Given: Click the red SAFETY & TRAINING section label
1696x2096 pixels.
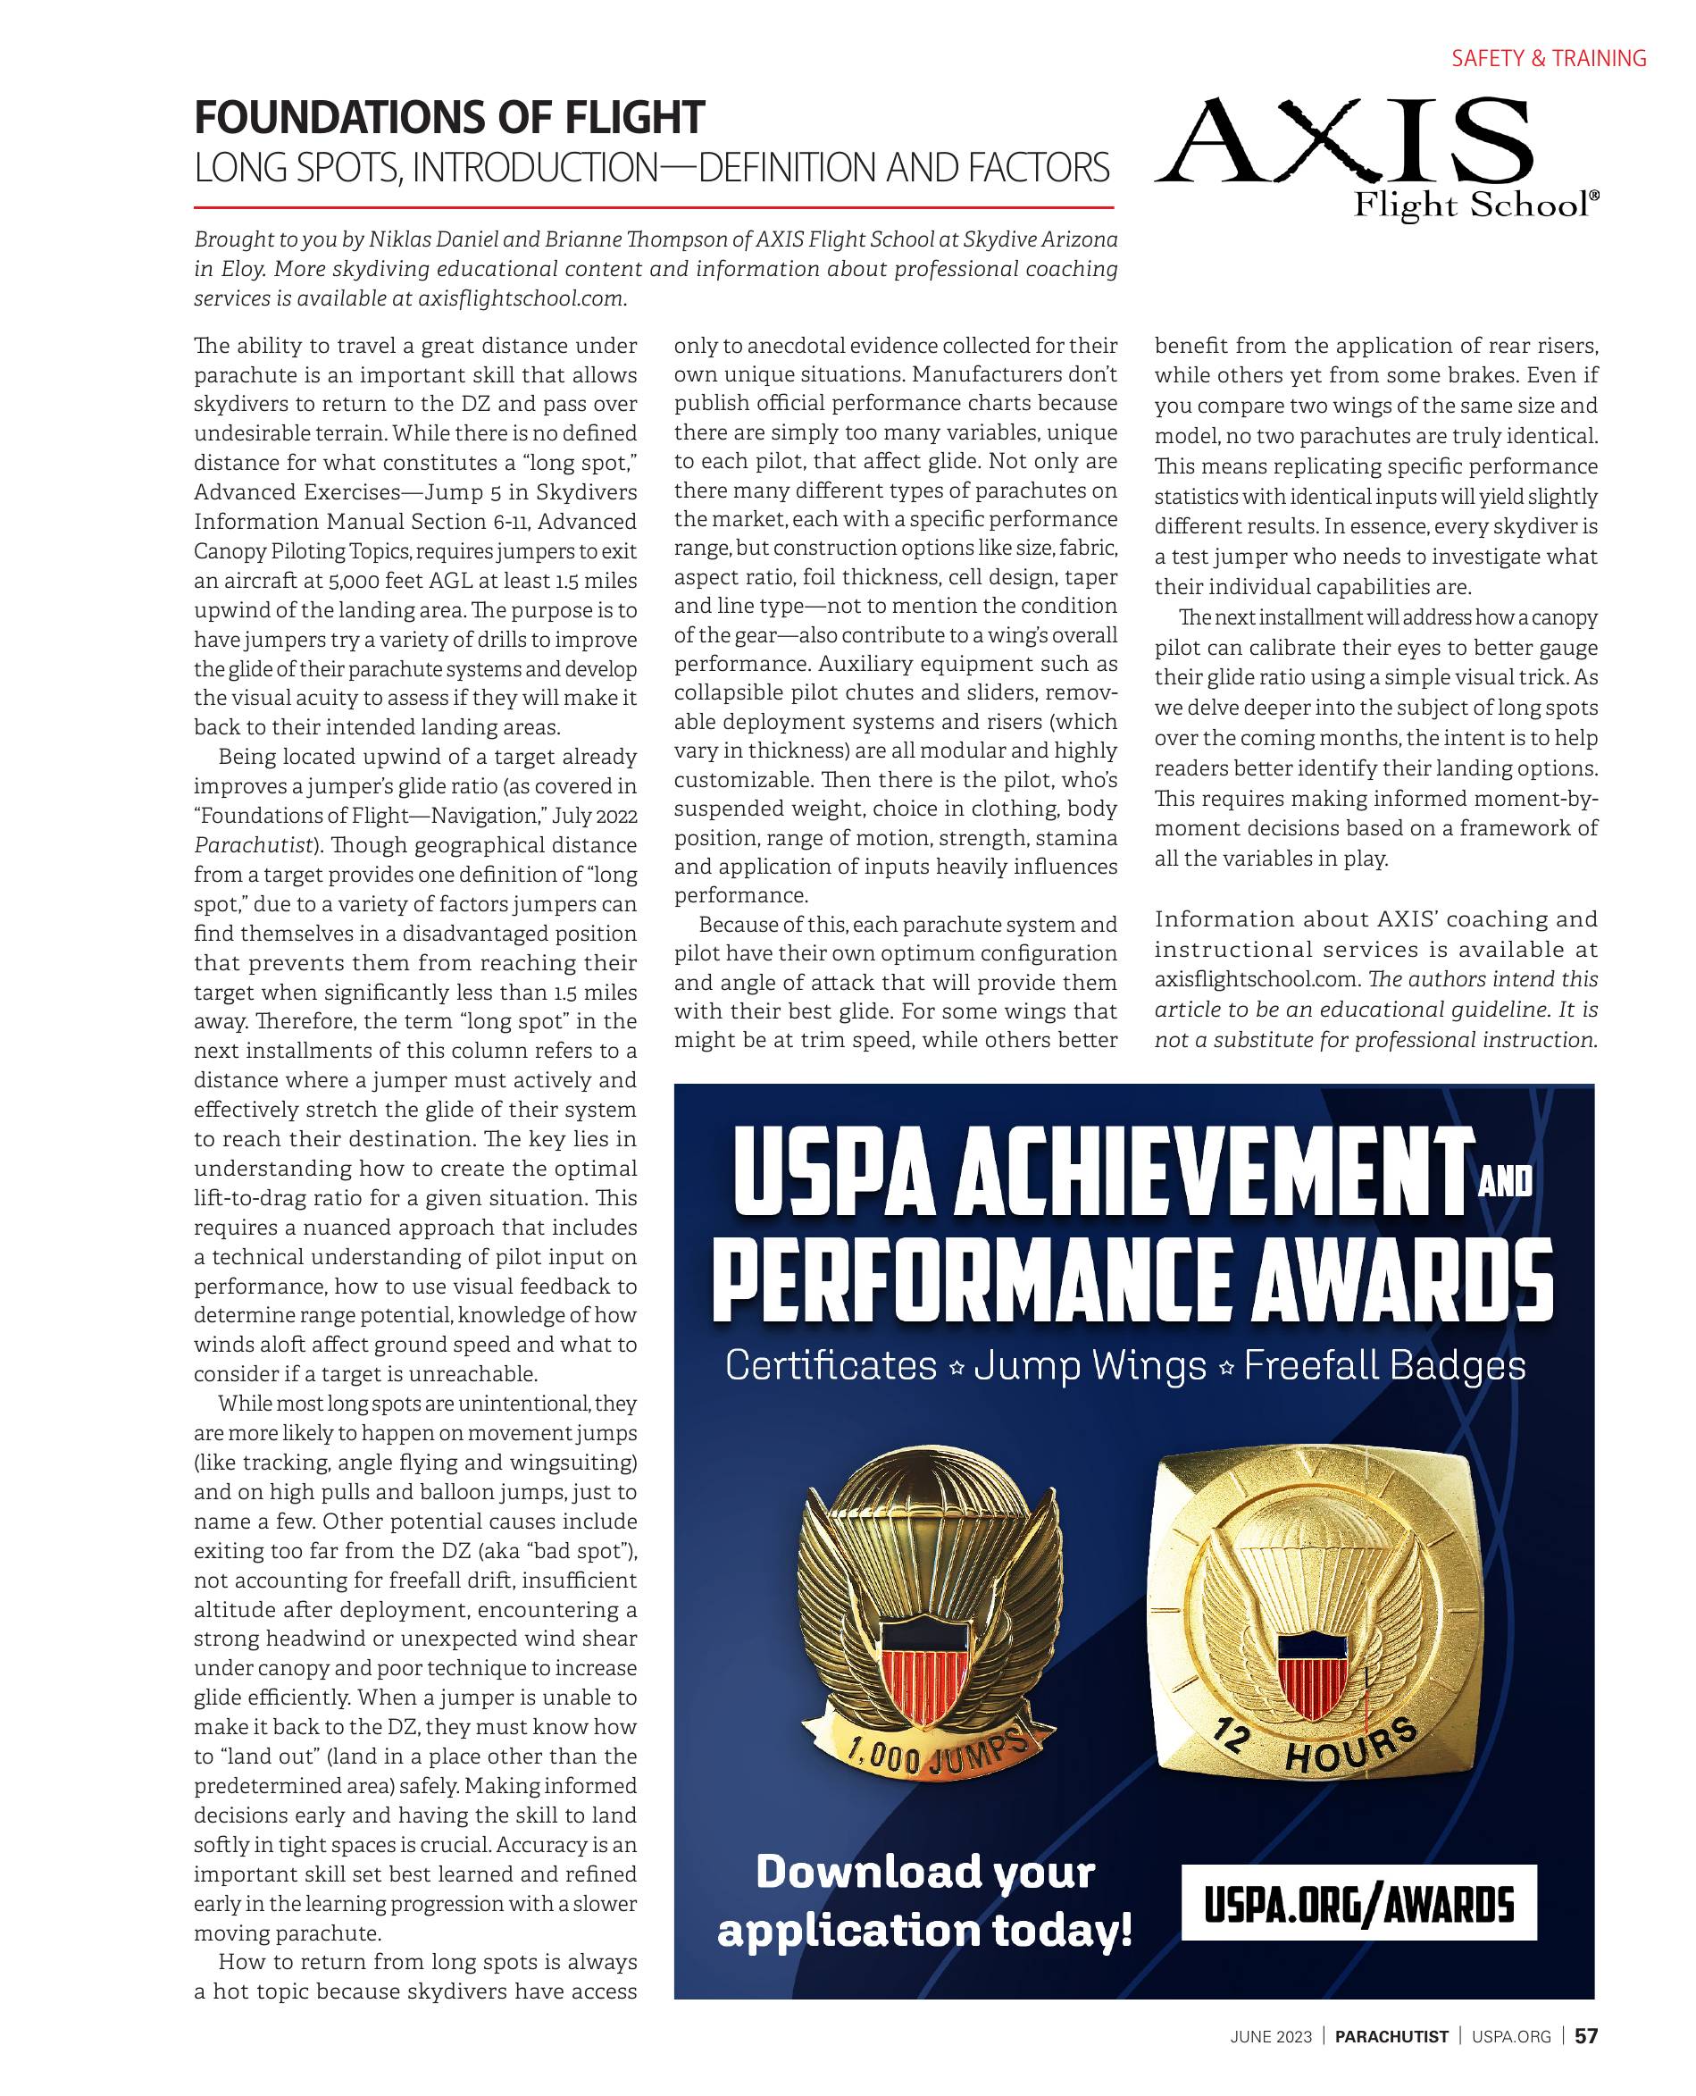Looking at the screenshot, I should coord(1548,59).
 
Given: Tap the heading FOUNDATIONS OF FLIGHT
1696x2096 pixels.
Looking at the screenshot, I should coord(448,118).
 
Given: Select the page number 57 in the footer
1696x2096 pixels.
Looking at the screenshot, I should coord(1586,2035).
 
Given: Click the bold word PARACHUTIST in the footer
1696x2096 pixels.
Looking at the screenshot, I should coord(1391,2036).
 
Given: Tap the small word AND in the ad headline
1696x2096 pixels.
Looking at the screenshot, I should coord(1506,1182).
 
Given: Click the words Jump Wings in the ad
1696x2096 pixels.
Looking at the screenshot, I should coord(1090,1365).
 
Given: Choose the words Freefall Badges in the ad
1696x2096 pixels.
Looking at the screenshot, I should coord(1383,1365).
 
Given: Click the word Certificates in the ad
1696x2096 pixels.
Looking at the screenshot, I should coord(831,1365).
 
